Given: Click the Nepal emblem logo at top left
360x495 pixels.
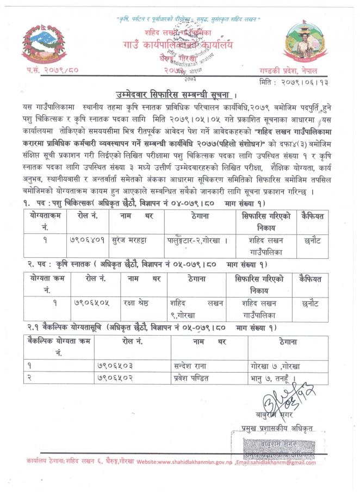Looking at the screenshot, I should click(44, 44).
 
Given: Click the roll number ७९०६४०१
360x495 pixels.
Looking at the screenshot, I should click(88, 239).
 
